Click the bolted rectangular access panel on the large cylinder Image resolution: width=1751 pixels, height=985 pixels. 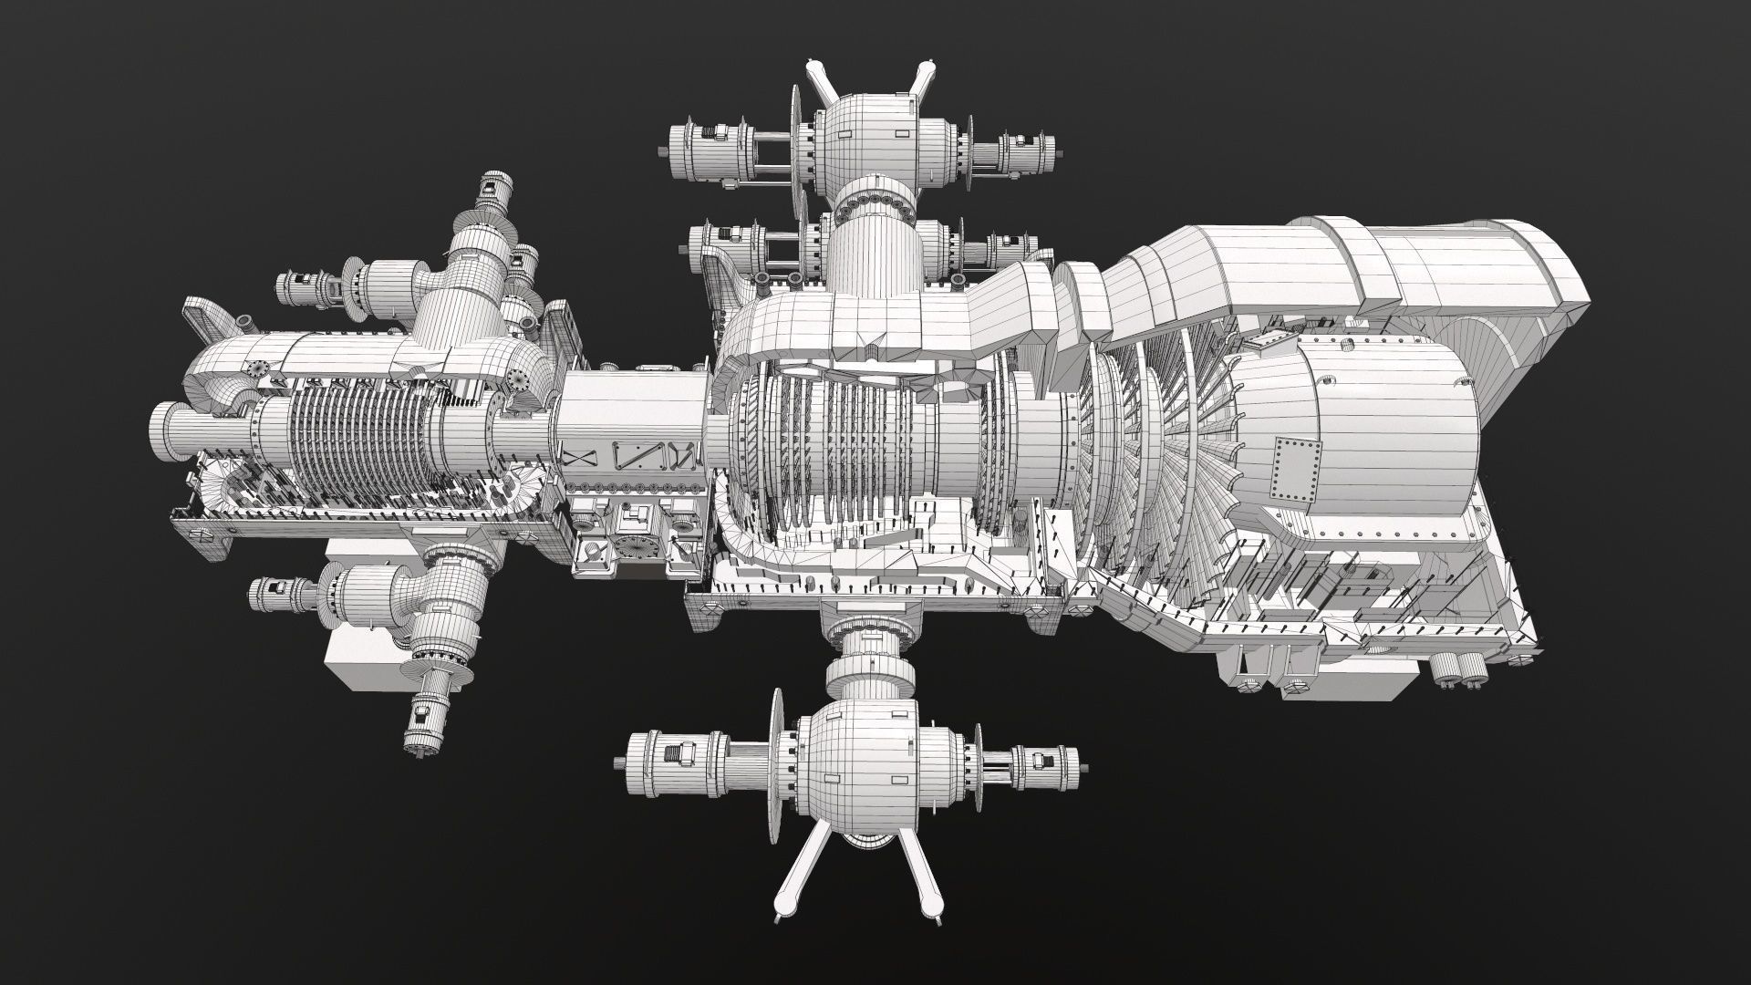point(1297,466)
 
